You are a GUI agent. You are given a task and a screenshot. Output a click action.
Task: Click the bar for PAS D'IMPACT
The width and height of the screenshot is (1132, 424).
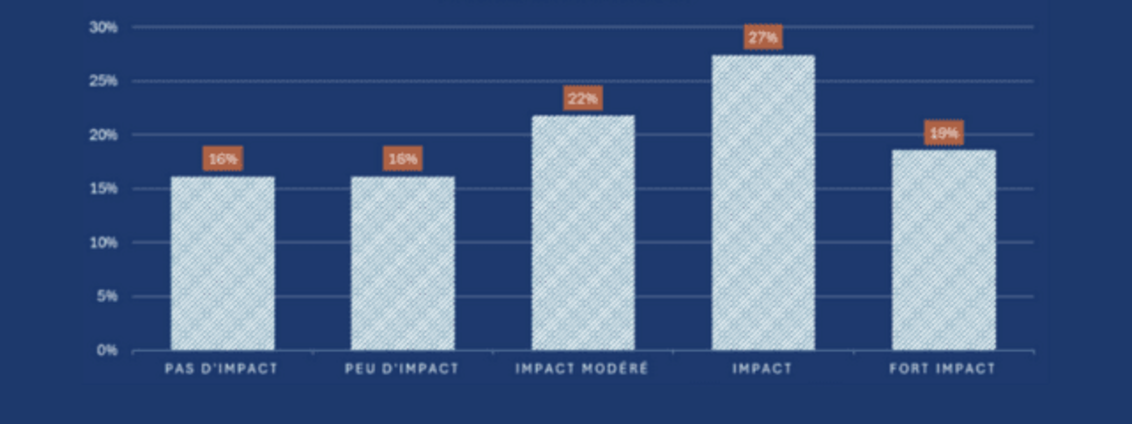point(223,263)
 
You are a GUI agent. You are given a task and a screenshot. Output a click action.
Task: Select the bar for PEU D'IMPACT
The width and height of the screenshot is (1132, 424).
point(403,263)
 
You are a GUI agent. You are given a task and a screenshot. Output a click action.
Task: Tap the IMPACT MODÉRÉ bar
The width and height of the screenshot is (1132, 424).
point(583,233)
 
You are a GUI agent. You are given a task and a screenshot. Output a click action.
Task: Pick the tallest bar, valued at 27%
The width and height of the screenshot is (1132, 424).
point(763,202)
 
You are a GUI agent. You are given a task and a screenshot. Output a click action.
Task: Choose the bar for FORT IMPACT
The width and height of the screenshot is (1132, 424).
point(944,250)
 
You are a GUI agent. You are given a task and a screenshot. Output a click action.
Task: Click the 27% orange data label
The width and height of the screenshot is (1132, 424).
point(763,37)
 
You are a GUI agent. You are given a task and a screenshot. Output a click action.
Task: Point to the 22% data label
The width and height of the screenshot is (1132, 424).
point(583,98)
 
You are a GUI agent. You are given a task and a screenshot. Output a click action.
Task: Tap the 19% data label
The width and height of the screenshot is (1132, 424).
point(944,133)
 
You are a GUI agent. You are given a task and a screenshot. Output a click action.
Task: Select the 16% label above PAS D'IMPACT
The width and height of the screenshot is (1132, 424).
point(223,158)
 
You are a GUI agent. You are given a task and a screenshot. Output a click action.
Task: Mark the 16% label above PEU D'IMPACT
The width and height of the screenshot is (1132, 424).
point(403,158)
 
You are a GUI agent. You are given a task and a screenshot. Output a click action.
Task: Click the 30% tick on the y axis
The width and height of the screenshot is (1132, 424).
point(103,27)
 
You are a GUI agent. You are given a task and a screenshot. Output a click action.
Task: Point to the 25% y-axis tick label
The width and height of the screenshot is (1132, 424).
point(103,81)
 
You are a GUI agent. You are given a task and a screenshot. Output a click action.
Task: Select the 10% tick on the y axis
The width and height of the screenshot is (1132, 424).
point(103,242)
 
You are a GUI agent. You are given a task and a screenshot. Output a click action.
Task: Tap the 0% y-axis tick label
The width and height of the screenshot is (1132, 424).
point(107,350)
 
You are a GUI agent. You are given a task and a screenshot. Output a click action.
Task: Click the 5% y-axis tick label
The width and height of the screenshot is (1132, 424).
point(107,296)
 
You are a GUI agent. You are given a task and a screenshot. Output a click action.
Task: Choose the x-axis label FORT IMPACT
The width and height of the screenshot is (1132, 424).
point(942,369)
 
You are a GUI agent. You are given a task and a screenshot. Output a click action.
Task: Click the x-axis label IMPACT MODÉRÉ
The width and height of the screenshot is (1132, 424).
point(582,369)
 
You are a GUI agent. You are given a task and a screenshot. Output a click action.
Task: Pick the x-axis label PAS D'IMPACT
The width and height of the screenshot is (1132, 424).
point(221,369)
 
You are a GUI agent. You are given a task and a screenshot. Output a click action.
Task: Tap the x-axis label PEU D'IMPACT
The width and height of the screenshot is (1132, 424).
point(402,369)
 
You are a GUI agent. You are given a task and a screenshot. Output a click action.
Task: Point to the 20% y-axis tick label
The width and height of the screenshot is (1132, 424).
point(103,135)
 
